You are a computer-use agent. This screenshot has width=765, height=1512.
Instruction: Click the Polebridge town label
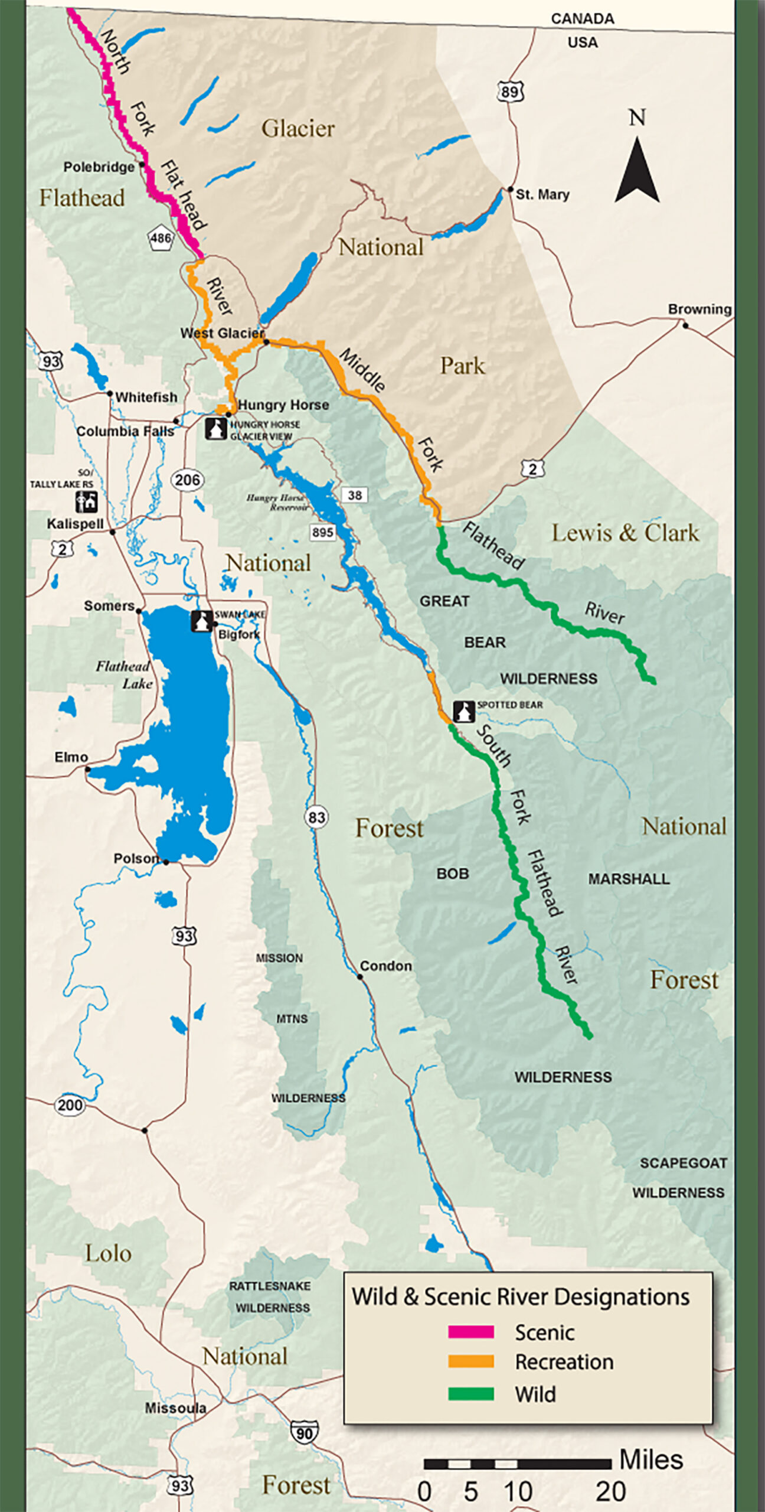coord(99,167)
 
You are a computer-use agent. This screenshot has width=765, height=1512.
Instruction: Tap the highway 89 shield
coord(510,92)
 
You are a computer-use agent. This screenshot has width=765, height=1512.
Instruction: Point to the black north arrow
coord(637,171)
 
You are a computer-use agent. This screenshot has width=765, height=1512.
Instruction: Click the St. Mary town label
coord(542,194)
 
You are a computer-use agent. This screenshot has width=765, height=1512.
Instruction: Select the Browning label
coord(699,309)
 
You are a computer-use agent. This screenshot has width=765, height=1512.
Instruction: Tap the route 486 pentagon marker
coord(161,239)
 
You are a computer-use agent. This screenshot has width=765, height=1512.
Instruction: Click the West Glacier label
coord(222,333)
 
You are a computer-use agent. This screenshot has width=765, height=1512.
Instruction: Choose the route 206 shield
coord(187,480)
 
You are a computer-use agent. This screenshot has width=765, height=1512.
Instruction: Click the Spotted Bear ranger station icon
coord(463,711)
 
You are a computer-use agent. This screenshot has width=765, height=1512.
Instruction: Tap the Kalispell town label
coord(75,524)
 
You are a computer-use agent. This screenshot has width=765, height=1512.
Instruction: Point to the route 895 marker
coord(322,532)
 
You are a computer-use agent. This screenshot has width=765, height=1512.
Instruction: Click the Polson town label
coord(136,858)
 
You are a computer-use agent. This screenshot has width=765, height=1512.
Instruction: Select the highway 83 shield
coord(316,817)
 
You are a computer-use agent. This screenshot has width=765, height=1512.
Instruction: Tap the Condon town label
coord(386,966)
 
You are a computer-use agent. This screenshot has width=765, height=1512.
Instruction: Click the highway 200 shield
coord(70,1105)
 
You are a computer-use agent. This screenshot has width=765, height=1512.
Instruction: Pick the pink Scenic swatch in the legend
coord(470,1332)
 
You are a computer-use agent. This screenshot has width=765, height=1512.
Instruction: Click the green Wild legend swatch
coord(470,1394)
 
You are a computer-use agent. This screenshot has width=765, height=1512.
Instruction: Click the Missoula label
coord(175,1408)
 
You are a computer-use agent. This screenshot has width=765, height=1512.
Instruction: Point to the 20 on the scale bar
coord(610,1492)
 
